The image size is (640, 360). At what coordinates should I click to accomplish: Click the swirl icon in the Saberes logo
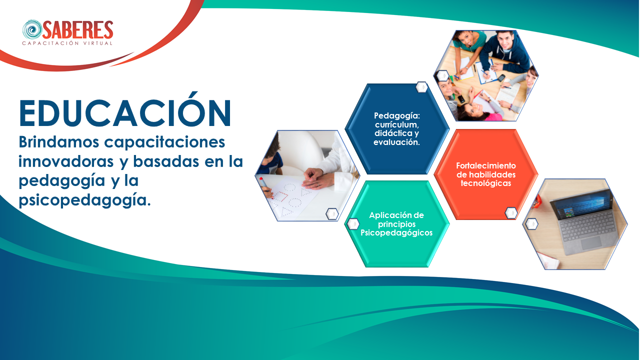click(32, 29)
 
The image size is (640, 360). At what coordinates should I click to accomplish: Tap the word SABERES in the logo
click(78, 29)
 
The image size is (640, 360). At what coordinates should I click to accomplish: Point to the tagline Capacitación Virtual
click(67, 43)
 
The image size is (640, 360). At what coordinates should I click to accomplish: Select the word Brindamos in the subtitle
click(59, 141)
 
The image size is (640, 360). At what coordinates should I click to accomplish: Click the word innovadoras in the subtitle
click(66, 161)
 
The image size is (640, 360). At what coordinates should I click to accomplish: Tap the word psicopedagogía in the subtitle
click(84, 200)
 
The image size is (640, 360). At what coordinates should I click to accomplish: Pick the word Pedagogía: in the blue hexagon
click(397, 116)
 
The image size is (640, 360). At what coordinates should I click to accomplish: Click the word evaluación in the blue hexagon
click(396, 142)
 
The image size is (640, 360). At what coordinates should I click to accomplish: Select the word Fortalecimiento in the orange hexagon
click(485, 165)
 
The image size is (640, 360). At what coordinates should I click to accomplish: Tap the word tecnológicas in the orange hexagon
click(485, 183)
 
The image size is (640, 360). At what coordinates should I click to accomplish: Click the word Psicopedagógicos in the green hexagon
click(396, 233)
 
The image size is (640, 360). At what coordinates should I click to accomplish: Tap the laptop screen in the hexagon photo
click(581, 206)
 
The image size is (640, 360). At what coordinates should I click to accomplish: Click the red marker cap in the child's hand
click(261, 179)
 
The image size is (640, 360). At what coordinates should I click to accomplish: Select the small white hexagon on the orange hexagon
click(511, 213)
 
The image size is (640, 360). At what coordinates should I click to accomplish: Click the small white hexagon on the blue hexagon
click(421, 87)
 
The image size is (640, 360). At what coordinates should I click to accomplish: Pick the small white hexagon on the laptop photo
click(531, 223)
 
